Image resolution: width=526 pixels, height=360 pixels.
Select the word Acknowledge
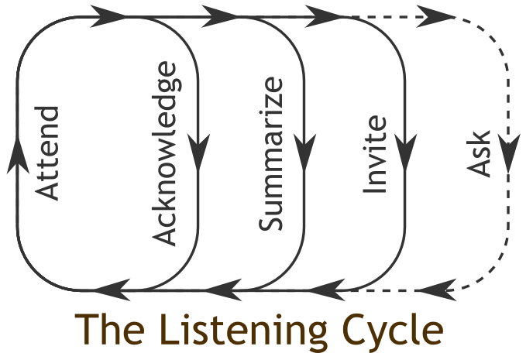pyautogui.click(x=165, y=154)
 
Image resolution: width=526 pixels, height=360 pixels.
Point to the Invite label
pyautogui.click(x=376, y=154)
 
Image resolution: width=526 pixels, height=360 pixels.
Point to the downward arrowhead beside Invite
pyautogui.click(x=404, y=144)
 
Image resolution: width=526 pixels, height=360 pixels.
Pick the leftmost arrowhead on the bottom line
pyautogui.click(x=108, y=291)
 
